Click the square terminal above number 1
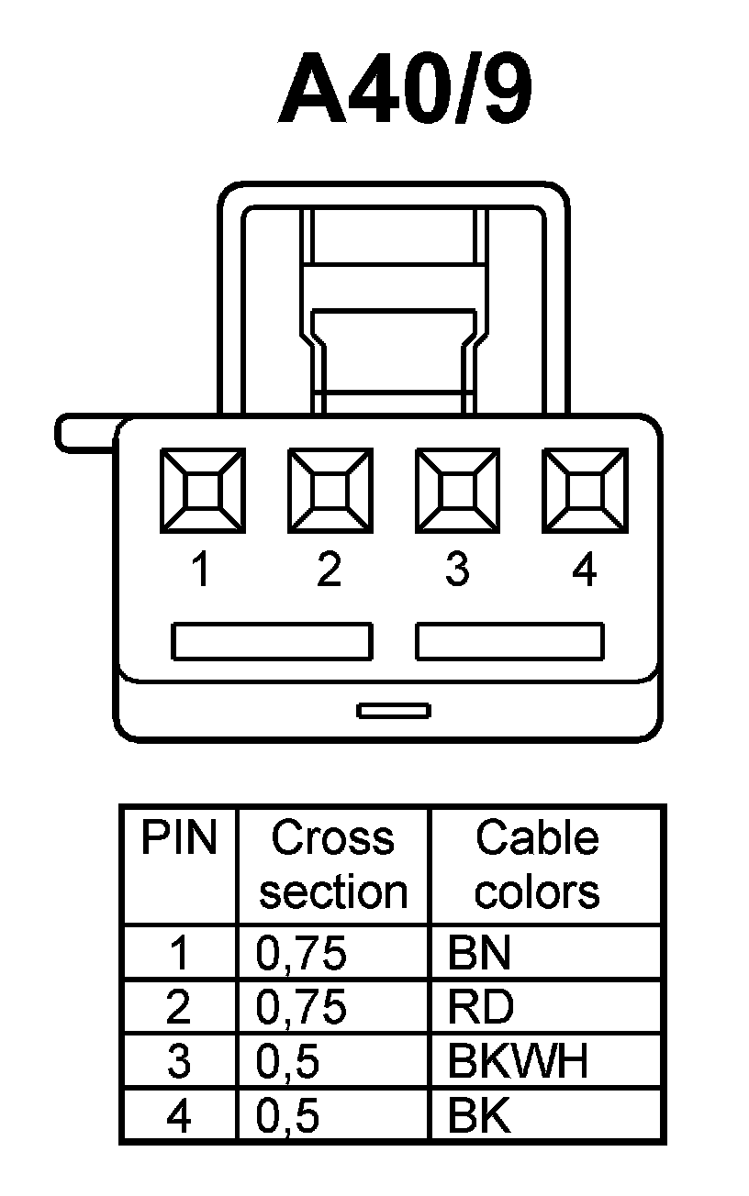pyautogui.click(x=202, y=490)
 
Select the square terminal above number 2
pyautogui.click(x=330, y=490)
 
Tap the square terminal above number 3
pyautogui.click(x=457, y=490)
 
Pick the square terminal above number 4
pyautogui.click(x=585, y=490)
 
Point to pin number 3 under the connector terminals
pyautogui.click(x=457, y=570)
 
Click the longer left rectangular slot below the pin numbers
pyautogui.click(x=272, y=641)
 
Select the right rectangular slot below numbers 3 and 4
pyautogui.click(x=509, y=641)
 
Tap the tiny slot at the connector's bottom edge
pyautogui.click(x=394, y=711)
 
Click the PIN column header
pyautogui.click(x=179, y=838)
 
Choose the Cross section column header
pyautogui.click(x=332, y=865)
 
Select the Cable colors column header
pyautogui.click(x=537, y=865)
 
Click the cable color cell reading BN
pyautogui.click(x=479, y=954)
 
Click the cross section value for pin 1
pyautogui.click(x=301, y=954)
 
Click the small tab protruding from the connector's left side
pyautogui.click(x=84, y=433)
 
